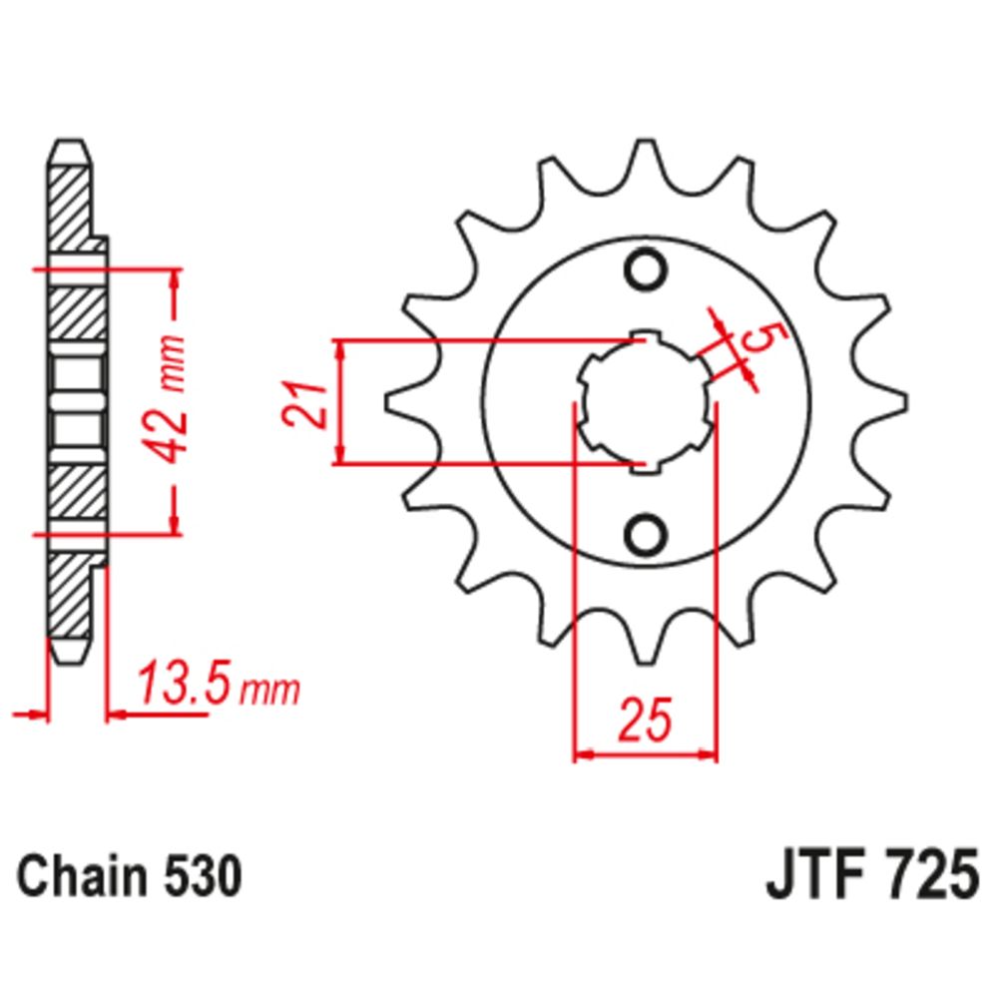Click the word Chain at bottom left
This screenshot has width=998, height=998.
click(82, 876)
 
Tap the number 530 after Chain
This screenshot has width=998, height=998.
click(202, 876)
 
